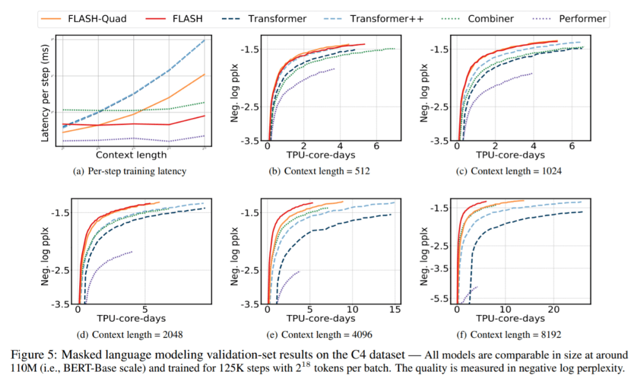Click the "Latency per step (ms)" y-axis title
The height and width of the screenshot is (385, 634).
coord(45,93)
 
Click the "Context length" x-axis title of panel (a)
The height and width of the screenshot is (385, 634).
coord(131,156)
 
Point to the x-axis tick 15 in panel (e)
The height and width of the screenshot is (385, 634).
coord(394,309)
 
